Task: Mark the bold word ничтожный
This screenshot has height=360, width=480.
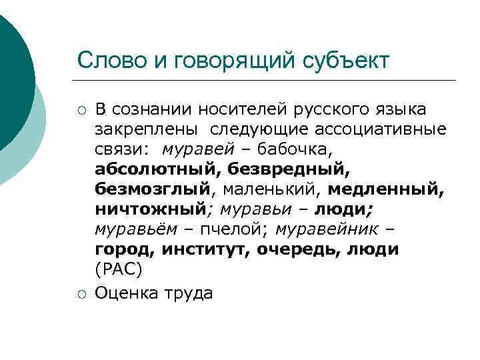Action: click(x=149, y=209)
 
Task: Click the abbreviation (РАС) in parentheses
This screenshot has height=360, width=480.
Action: click(x=119, y=270)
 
